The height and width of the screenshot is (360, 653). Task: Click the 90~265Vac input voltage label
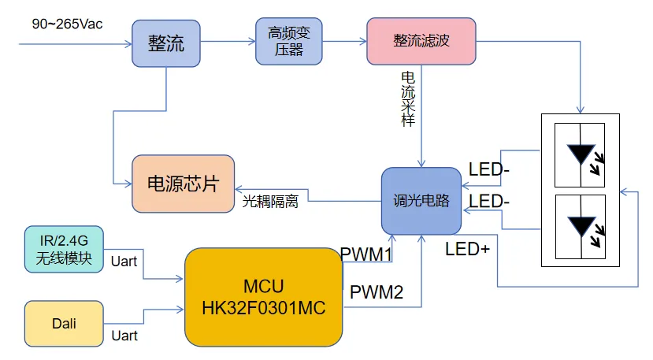click(x=66, y=24)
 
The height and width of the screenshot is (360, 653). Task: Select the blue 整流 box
click(x=166, y=43)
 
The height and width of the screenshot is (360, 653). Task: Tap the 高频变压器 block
click(x=289, y=41)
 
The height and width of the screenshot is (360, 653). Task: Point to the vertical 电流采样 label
click(x=408, y=99)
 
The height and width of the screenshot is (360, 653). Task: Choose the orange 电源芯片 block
click(x=183, y=184)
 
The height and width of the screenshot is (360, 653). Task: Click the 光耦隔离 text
click(x=269, y=202)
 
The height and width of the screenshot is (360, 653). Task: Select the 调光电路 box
click(x=421, y=201)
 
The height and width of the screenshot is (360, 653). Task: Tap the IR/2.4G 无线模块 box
click(x=63, y=248)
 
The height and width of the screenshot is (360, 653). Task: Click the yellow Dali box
click(x=64, y=322)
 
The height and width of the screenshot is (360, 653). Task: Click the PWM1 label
click(x=366, y=254)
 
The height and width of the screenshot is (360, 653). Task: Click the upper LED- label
click(x=488, y=169)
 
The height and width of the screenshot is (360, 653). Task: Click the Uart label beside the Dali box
click(x=124, y=336)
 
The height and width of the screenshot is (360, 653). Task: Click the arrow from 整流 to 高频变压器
click(x=228, y=43)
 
